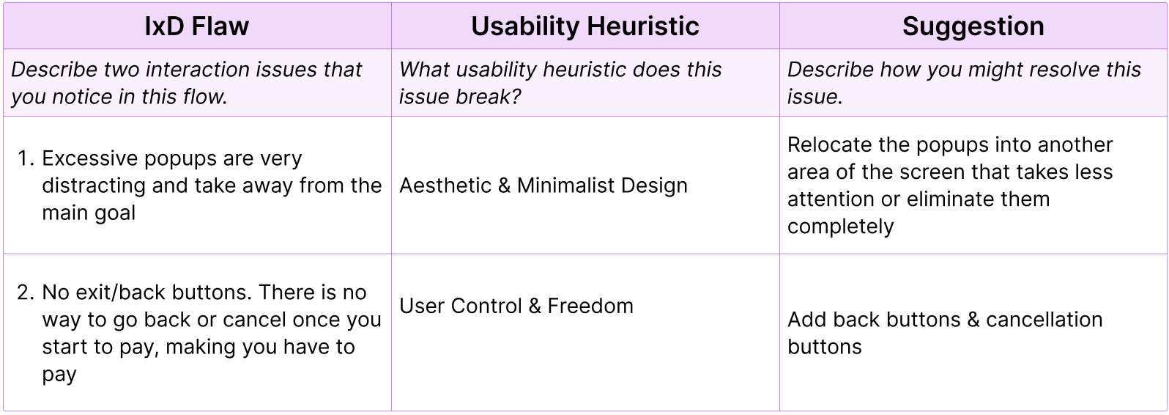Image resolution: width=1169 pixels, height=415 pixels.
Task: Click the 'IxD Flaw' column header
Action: pyautogui.click(x=196, y=26)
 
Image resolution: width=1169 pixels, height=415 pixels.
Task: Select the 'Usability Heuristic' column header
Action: pyautogui.click(x=584, y=26)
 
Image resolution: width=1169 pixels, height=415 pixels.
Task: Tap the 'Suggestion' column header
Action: pyautogui.click(x=973, y=26)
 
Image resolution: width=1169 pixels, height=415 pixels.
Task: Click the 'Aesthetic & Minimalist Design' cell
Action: pyautogui.click(x=543, y=186)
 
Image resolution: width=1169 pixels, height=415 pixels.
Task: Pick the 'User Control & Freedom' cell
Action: pyautogui.click(x=516, y=306)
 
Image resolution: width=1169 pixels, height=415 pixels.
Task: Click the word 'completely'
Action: pyautogui.click(x=840, y=226)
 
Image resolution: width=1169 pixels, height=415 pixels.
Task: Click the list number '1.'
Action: pyautogui.click(x=26, y=158)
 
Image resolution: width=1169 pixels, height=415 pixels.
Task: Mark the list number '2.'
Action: pyautogui.click(x=26, y=293)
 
